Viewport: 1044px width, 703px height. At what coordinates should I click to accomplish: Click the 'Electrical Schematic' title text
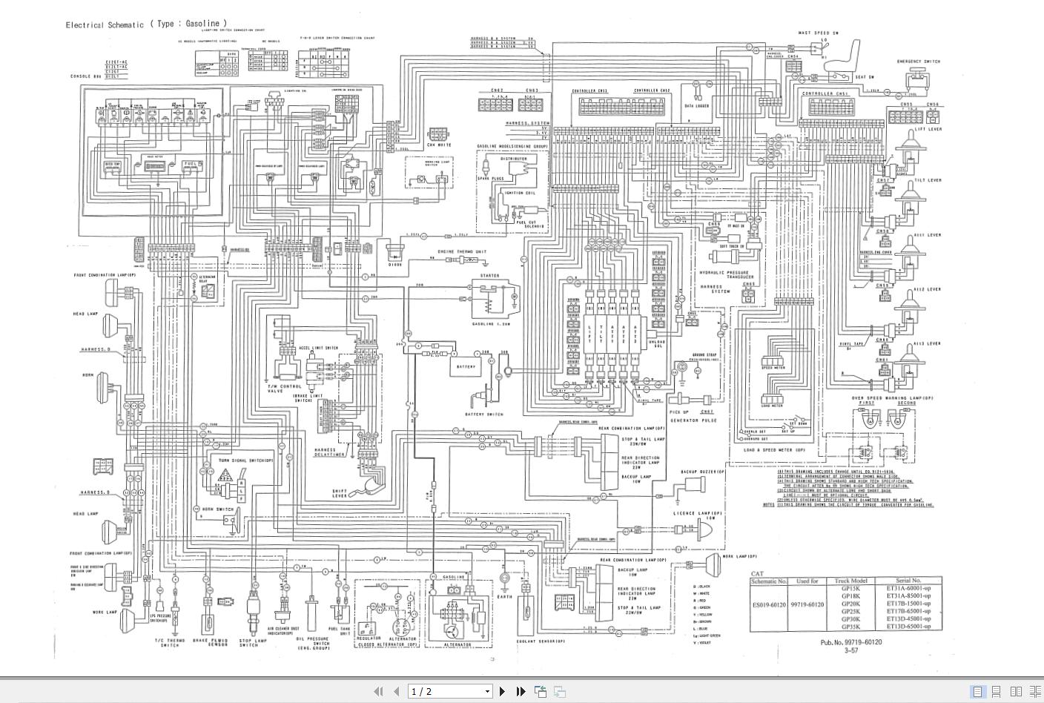tap(105, 24)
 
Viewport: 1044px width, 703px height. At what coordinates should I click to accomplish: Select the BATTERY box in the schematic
tap(466, 367)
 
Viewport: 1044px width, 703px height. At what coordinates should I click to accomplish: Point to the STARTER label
tap(489, 276)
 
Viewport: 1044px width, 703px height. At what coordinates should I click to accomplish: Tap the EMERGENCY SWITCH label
tap(918, 62)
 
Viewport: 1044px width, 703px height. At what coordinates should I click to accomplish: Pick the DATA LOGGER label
tap(696, 106)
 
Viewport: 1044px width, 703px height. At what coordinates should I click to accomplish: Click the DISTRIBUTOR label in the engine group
tap(513, 159)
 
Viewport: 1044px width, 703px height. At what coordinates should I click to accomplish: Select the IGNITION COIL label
tap(518, 193)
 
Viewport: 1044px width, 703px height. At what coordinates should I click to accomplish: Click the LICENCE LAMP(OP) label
tap(697, 513)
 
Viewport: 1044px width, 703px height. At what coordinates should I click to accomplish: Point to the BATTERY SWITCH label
tap(484, 414)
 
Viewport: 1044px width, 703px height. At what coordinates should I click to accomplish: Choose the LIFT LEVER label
tap(928, 129)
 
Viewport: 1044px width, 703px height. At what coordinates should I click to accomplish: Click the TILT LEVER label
tap(928, 180)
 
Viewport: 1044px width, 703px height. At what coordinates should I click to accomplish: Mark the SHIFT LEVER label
tap(340, 493)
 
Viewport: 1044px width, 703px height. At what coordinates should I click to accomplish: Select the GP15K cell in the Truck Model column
tap(850, 588)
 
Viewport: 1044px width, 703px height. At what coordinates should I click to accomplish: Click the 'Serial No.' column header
tap(908, 581)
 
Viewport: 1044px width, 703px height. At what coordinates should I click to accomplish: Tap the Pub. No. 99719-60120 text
tap(851, 642)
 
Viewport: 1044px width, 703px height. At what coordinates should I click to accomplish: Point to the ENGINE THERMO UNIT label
tap(461, 252)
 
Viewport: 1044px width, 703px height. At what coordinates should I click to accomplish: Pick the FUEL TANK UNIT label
tap(344, 631)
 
